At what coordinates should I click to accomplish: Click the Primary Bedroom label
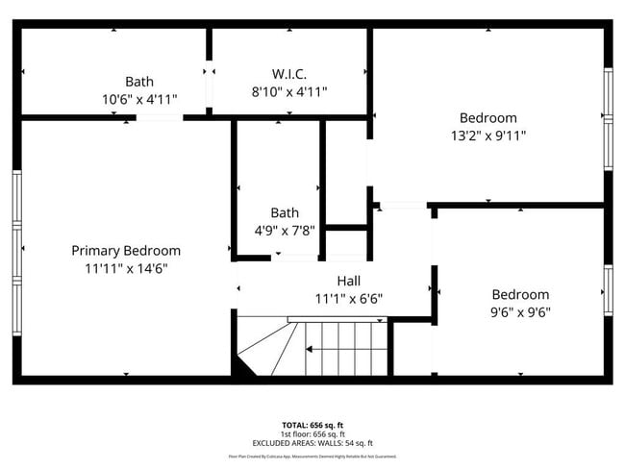[x=126, y=251]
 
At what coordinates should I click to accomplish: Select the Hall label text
[x=348, y=281]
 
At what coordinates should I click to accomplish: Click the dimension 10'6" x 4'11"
[x=139, y=99]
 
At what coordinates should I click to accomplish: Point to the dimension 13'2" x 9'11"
[x=487, y=136]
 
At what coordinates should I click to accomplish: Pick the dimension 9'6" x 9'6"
[x=520, y=312]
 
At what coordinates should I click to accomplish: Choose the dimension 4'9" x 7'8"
[x=285, y=231]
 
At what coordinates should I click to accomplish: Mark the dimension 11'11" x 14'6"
[x=126, y=269]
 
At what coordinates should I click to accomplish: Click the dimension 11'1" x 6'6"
[x=348, y=299]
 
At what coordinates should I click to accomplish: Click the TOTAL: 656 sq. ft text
[x=312, y=425]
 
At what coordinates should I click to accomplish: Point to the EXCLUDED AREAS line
[x=312, y=443]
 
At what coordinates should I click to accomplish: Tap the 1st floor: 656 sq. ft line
[x=312, y=434]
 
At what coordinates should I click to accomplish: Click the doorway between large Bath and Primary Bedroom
[x=160, y=117]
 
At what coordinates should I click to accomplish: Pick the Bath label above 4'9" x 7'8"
[x=285, y=212]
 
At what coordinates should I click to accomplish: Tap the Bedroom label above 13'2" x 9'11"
[x=487, y=117]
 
